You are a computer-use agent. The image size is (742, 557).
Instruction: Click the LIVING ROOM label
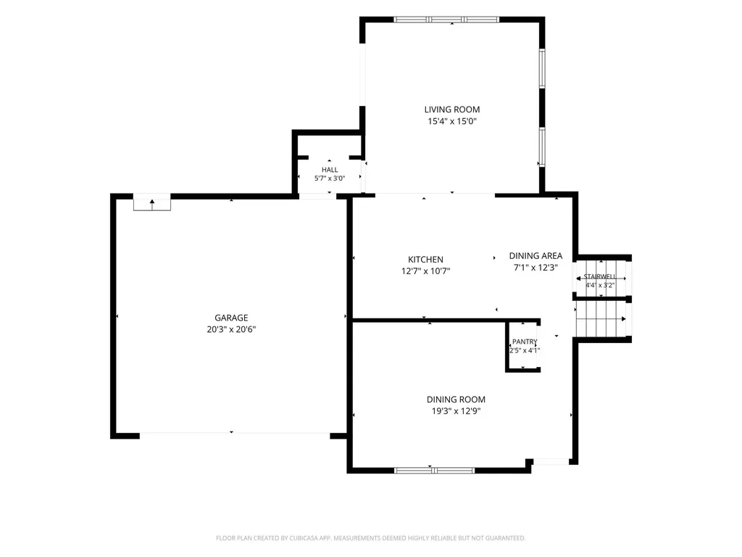pyautogui.click(x=452, y=110)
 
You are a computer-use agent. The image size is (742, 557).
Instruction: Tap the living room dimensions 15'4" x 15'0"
pyautogui.click(x=452, y=121)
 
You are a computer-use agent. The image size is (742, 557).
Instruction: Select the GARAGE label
pyautogui.click(x=231, y=318)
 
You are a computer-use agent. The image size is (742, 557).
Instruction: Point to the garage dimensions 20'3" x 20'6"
pyautogui.click(x=231, y=329)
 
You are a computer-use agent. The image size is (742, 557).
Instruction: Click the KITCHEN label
pyautogui.click(x=425, y=260)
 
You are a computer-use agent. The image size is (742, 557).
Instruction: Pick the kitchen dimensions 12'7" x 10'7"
pyautogui.click(x=425, y=271)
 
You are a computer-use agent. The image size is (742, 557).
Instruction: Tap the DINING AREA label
pyautogui.click(x=535, y=256)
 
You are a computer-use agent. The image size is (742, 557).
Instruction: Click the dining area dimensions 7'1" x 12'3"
pyautogui.click(x=535, y=267)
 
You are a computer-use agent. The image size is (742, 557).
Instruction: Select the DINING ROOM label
pyautogui.click(x=456, y=400)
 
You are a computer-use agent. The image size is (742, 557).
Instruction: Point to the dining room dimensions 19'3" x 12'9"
pyautogui.click(x=456, y=410)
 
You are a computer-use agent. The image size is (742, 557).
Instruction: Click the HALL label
pyautogui.click(x=330, y=170)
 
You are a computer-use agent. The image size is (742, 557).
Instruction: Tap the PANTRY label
pyautogui.click(x=525, y=342)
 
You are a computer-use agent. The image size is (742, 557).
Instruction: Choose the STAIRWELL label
pyautogui.click(x=599, y=276)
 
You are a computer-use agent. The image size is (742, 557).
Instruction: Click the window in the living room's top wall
pyautogui.click(x=446, y=20)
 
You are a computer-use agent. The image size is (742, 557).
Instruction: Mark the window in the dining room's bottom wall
pyautogui.click(x=435, y=470)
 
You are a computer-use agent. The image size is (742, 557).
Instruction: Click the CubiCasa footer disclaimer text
pyautogui.click(x=370, y=538)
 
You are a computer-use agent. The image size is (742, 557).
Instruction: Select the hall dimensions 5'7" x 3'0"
pyautogui.click(x=330, y=178)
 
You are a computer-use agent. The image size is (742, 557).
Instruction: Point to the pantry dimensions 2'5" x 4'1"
pyautogui.click(x=525, y=350)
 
